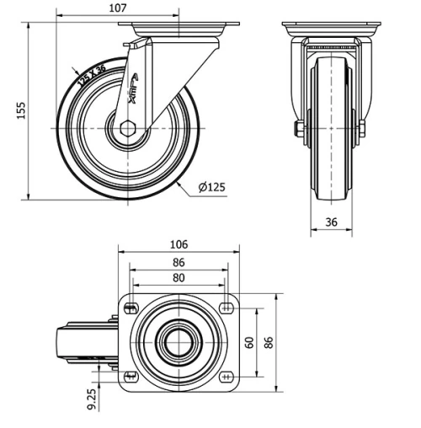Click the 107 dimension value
pyautogui.click(x=119, y=8)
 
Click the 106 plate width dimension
pyautogui.click(x=178, y=244)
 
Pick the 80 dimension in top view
pyautogui.click(x=178, y=278)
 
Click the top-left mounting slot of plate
pyautogui.click(x=129, y=308)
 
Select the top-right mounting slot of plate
pyautogui.click(x=226, y=308)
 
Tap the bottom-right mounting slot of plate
pyautogui.click(x=226, y=376)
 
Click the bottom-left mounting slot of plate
pyautogui.click(x=129, y=376)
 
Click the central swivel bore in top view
pyautogui.click(x=178, y=342)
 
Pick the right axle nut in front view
pyautogui.click(x=362, y=129)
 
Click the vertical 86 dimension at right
pyautogui.click(x=269, y=342)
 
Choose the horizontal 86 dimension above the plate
pyautogui.click(x=178, y=262)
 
